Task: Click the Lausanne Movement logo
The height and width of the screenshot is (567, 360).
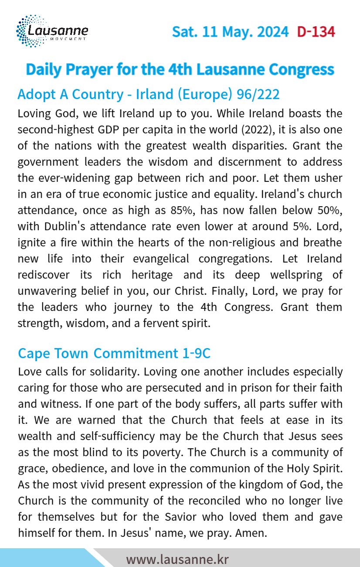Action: (x=52, y=31)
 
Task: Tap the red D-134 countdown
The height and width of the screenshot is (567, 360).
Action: (x=316, y=32)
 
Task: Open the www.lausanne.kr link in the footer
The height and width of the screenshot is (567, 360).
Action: (x=177, y=559)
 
